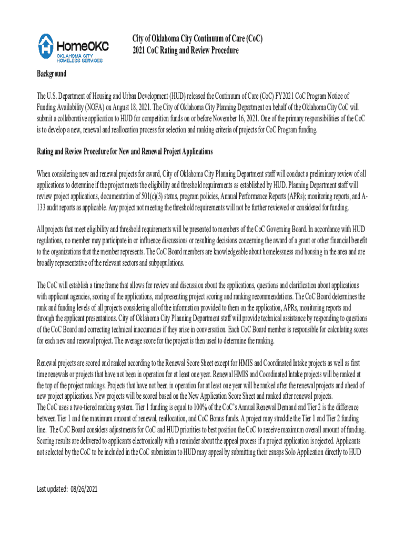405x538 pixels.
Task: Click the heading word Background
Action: point(52,74)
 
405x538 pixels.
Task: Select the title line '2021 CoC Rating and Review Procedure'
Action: point(185,50)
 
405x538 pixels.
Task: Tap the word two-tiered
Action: point(90,409)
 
